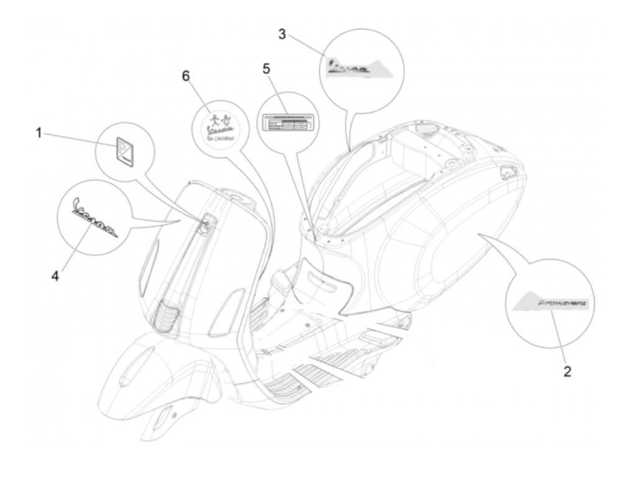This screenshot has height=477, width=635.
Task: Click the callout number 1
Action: pyautogui.click(x=39, y=134)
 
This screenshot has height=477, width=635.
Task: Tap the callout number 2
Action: pyautogui.click(x=567, y=372)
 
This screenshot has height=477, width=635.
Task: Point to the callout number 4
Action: pyautogui.click(x=55, y=276)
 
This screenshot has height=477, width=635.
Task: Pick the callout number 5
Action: pyautogui.click(x=266, y=69)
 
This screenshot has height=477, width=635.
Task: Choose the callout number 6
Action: pyautogui.click(x=186, y=76)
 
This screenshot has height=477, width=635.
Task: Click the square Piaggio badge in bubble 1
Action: pyautogui.click(x=123, y=152)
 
